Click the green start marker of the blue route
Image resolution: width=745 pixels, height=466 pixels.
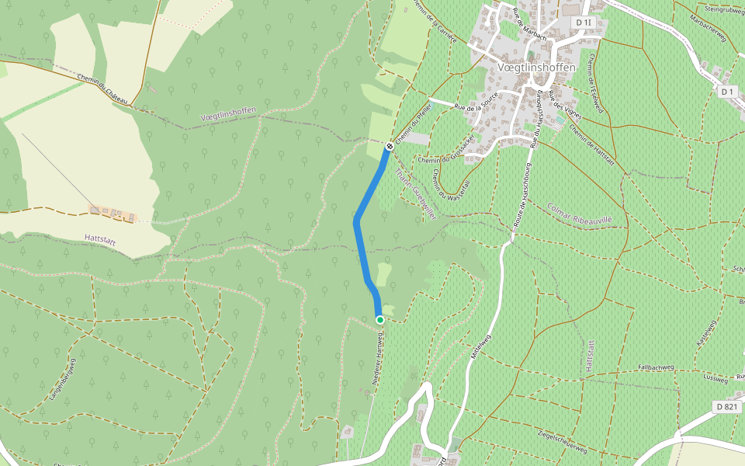point(379,320)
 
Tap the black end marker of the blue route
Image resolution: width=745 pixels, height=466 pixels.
point(390,145)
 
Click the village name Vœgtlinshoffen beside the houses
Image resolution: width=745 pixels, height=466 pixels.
point(535,68)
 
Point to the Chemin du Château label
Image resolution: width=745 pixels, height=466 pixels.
point(104,89)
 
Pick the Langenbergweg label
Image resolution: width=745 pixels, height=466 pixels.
point(64,378)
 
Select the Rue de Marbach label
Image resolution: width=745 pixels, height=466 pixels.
point(528,23)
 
